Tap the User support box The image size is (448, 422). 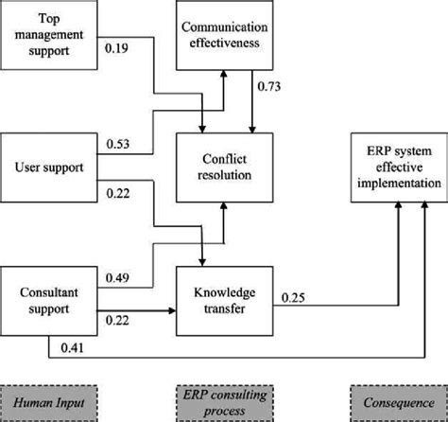49,168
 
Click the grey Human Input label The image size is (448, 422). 49,398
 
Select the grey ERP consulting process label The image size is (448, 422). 223,398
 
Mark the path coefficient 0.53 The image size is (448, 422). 119,145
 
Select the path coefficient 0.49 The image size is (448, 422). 119,277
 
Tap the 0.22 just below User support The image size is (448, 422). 119,192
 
